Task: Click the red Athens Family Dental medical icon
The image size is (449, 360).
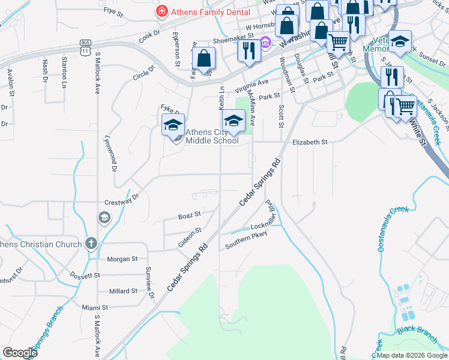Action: coord(161,11)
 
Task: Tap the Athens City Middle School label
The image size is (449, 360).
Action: coord(211,137)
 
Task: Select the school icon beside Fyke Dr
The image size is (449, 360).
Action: coord(173,125)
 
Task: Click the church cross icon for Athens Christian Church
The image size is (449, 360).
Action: coord(91,244)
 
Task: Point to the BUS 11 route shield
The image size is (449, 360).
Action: coord(85,47)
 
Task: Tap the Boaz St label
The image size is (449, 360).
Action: coord(189,215)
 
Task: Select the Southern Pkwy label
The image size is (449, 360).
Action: coord(246,241)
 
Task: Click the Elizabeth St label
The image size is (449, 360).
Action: coord(309,142)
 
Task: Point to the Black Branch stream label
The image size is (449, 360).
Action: coord(414,329)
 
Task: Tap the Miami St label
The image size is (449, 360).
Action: coord(95,307)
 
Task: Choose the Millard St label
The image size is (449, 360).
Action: coord(123,291)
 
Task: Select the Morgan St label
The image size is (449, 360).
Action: coord(122,259)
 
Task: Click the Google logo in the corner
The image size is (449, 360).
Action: coord(20,353)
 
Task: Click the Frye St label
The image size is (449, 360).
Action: coord(113,10)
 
